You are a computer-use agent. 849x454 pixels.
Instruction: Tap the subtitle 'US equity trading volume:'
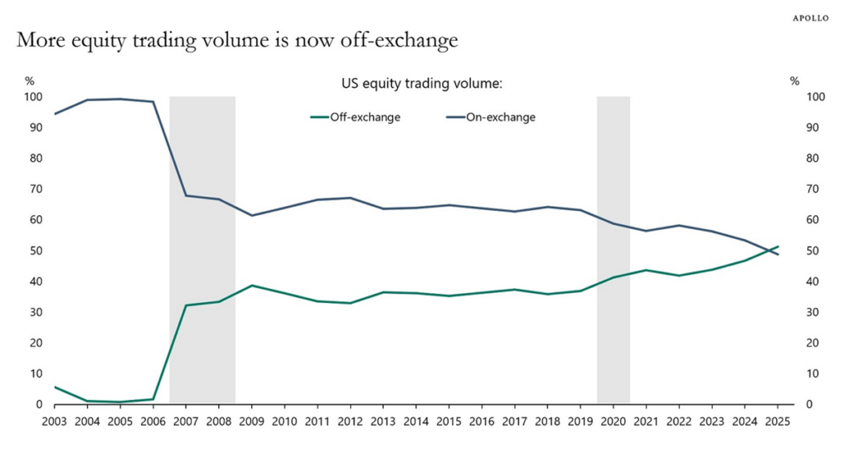pos(423,84)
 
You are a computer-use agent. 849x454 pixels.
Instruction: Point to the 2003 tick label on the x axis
pos(54,421)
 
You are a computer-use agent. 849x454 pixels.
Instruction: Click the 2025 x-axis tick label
pos(778,421)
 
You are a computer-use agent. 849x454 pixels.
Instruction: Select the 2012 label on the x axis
pos(350,421)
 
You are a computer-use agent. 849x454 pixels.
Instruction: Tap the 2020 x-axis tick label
pos(614,421)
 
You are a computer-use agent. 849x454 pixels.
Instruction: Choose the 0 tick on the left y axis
pos(36,404)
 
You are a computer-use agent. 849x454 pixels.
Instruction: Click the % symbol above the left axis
pos(30,81)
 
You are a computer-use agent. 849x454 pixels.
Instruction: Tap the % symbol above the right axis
pos(794,81)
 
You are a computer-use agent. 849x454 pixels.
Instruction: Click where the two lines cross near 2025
pos(771,250)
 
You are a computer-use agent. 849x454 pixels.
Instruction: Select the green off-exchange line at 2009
pos(251,286)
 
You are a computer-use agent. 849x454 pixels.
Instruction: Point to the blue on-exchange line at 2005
pos(119,99)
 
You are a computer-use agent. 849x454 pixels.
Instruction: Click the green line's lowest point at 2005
pos(119,403)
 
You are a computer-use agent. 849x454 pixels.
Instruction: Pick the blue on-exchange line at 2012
pos(350,198)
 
